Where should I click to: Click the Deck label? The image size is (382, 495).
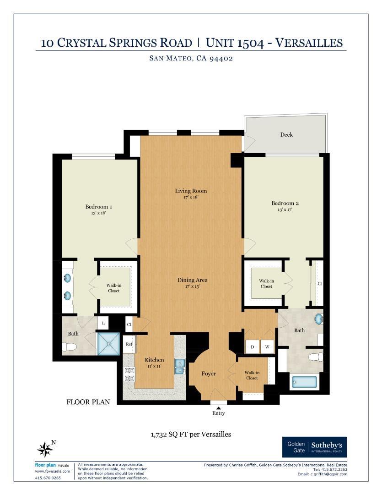286,134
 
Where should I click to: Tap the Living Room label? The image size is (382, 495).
191,191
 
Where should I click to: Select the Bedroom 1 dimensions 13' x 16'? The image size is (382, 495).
98,213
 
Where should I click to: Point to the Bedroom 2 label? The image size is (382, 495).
285,203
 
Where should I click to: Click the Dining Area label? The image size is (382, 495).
192,280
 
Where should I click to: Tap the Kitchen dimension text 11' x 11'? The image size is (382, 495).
154,366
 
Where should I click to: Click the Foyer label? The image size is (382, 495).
209,374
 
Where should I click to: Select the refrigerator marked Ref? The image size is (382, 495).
129,344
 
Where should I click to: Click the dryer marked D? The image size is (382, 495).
253,346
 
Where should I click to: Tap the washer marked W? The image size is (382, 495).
267,346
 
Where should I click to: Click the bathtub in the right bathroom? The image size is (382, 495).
305,382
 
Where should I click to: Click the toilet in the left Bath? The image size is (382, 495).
70,347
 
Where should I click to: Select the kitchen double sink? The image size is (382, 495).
180,367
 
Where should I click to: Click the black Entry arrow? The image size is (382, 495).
218,408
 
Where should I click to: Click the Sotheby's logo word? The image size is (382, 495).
327,445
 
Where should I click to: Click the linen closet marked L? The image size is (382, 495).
103,323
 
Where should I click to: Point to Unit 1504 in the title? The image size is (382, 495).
235,43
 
